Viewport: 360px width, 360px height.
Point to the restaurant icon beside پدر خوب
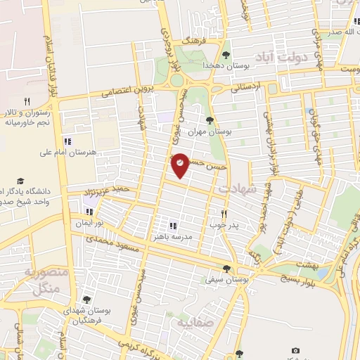[224, 214]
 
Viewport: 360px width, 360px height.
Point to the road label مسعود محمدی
[109, 244]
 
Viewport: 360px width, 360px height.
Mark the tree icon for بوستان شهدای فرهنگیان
[86, 300]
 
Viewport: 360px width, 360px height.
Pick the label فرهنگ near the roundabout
[192, 42]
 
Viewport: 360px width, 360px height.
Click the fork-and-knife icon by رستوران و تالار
[26, 101]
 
